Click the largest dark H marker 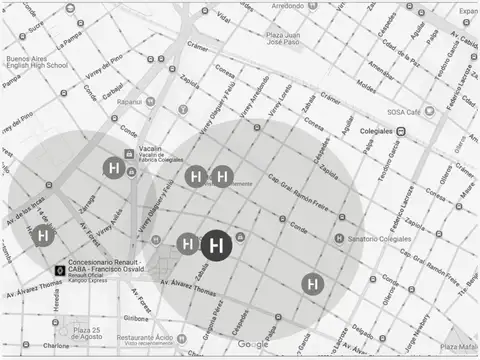[218, 245]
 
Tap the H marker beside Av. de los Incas [43, 236]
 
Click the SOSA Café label [404, 114]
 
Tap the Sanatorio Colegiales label [379, 239]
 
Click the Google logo [253, 344]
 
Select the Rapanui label [130, 102]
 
